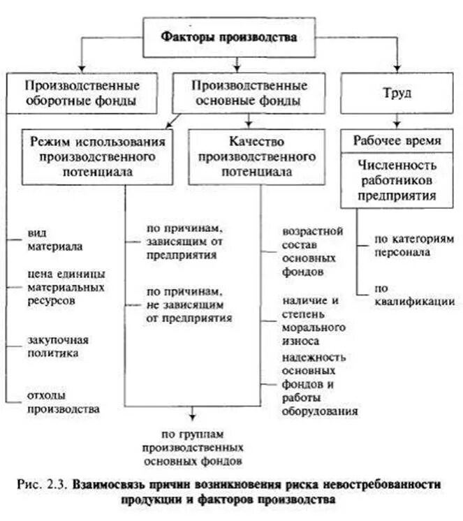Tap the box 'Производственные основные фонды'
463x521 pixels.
249,93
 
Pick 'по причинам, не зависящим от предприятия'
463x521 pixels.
189,303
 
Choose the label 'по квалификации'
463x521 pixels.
414,294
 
